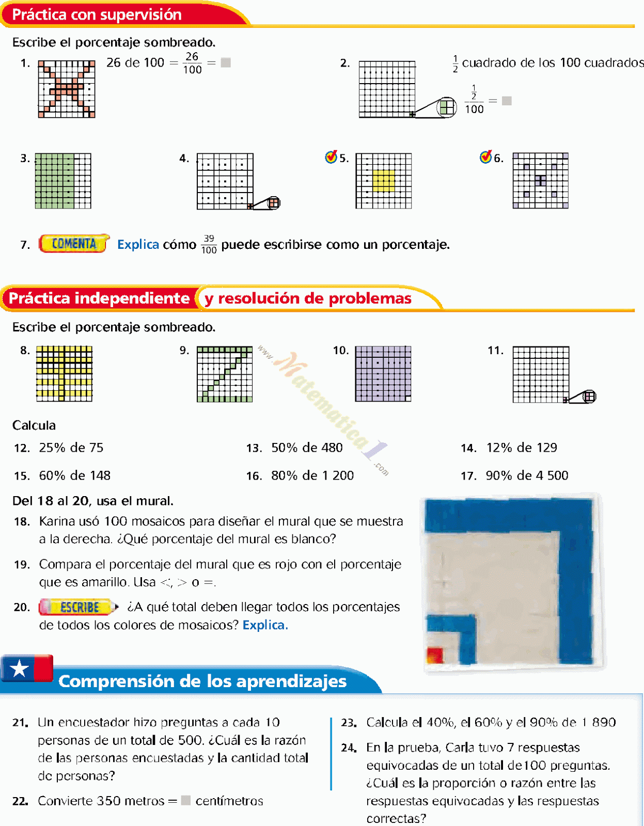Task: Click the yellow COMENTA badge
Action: coord(74,244)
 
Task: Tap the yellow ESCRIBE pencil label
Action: coord(78,607)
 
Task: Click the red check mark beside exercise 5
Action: coord(331,157)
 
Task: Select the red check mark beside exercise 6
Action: coord(485,157)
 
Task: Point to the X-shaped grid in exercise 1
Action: coord(67,89)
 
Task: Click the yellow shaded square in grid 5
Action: coord(384,181)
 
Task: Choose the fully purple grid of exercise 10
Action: coord(383,374)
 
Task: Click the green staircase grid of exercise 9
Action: coord(225,374)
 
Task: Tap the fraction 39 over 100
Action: coord(209,244)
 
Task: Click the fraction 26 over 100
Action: coord(192,63)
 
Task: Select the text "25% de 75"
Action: coord(71,448)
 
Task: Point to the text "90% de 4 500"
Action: coord(527,475)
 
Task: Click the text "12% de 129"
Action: coord(522,448)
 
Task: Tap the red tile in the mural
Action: coord(435,655)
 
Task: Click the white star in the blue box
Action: coord(19,669)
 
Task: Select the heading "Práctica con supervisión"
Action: coord(97,14)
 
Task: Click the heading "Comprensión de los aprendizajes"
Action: coord(202,681)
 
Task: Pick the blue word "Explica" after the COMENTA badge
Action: coord(138,244)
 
